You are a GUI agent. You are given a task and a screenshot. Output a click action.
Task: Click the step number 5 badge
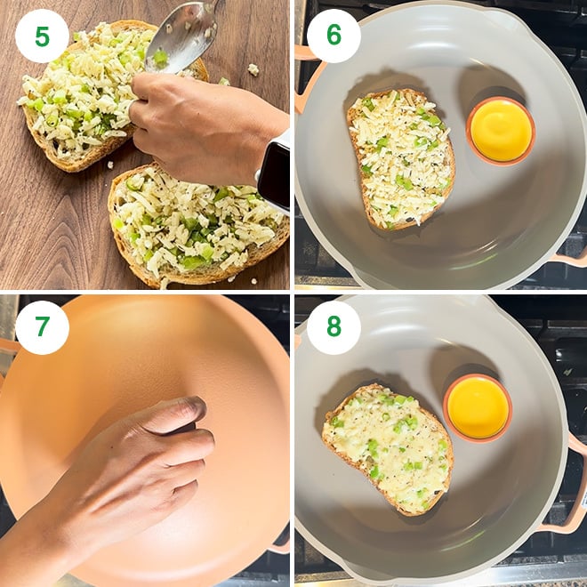[42, 36]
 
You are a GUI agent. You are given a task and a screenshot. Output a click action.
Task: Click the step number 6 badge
[334, 36]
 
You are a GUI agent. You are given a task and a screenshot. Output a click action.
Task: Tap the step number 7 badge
[42, 327]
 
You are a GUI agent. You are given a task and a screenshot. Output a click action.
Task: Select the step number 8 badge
[334, 327]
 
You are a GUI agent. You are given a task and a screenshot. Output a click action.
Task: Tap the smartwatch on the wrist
[275, 173]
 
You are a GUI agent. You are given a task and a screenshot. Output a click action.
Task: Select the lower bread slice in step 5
[196, 227]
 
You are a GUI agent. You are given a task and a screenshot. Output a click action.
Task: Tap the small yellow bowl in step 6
[500, 131]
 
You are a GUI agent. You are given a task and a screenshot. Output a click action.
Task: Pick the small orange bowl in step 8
[478, 407]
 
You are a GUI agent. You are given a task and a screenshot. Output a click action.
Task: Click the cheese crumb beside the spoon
[253, 69]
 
